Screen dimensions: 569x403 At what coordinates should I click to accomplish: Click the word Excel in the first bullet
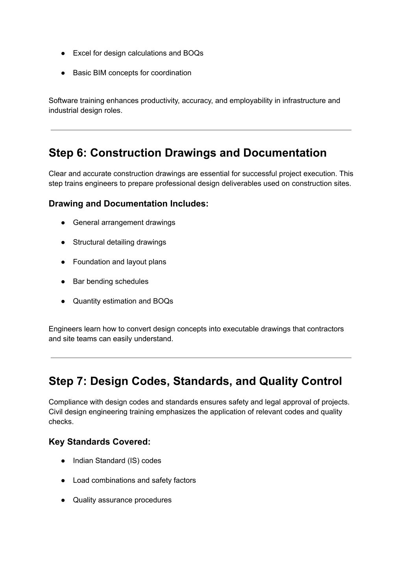tap(82, 53)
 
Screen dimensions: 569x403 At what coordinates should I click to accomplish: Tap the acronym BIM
tap(100, 73)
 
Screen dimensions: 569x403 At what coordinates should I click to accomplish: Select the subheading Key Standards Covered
tap(100, 442)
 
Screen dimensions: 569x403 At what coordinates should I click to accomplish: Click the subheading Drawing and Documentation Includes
tap(128, 203)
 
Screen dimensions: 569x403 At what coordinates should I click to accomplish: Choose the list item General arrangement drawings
tap(124, 223)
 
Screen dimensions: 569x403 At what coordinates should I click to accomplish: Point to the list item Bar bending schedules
tap(111, 282)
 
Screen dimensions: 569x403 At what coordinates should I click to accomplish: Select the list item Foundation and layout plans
tap(119, 262)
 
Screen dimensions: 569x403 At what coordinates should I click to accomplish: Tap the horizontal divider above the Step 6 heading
tap(201, 130)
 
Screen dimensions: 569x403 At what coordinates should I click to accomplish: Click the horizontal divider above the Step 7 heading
tap(201, 358)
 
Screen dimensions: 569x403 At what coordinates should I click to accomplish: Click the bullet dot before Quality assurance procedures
tap(63, 500)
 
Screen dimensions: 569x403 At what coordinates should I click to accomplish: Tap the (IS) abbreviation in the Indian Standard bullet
tap(133, 461)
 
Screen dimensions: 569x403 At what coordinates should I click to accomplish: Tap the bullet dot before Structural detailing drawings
tap(63, 242)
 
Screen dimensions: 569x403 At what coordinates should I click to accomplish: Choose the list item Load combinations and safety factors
tap(134, 480)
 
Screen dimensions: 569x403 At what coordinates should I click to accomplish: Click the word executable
tap(242, 329)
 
